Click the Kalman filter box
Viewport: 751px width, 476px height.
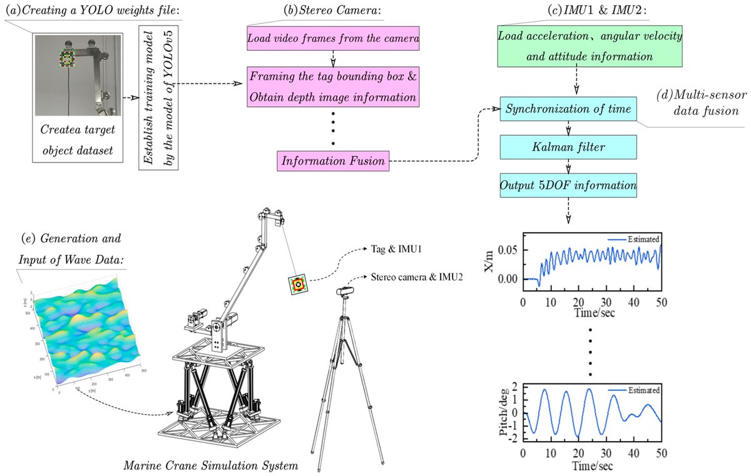[568, 148]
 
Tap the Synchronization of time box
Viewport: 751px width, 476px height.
[568, 109]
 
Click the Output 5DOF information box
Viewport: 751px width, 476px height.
[568, 186]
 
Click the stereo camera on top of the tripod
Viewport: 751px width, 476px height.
[349, 291]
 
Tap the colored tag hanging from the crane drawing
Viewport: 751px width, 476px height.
[298, 285]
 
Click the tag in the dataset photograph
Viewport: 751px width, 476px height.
[66, 59]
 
